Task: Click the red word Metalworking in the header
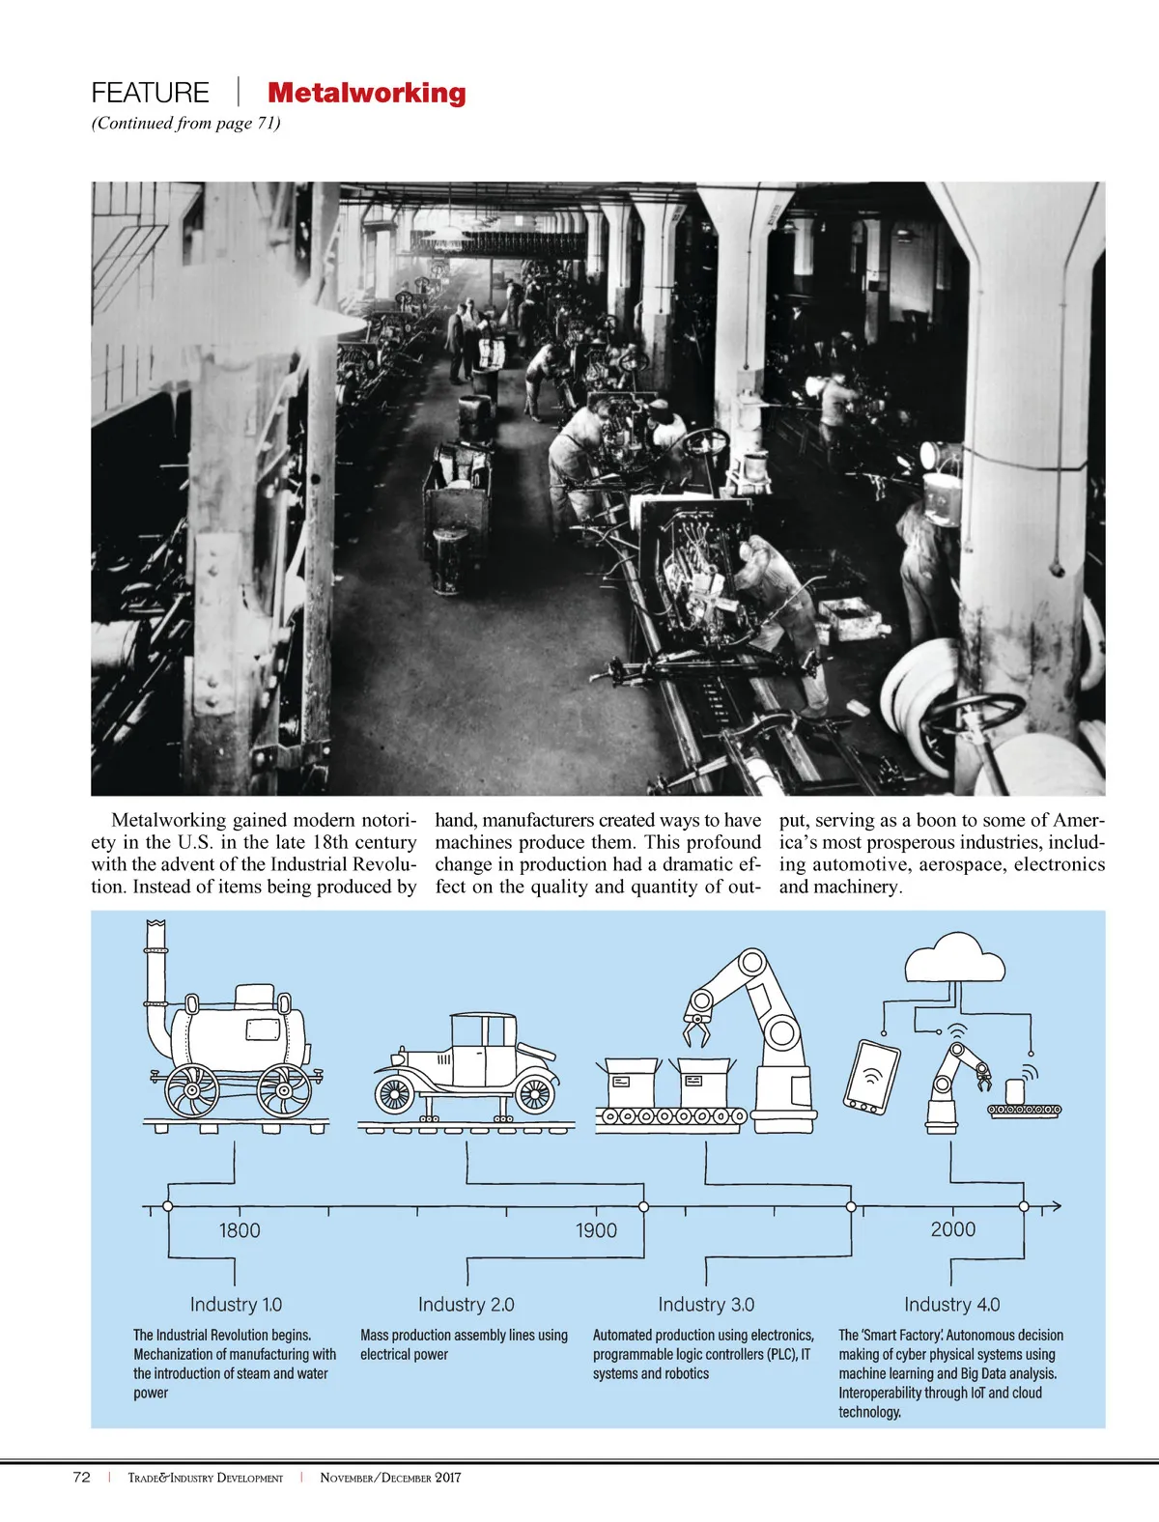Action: click(366, 93)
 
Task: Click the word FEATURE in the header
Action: click(150, 93)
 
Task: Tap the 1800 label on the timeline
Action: click(240, 1230)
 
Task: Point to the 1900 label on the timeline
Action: click(596, 1230)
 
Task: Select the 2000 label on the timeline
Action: click(952, 1229)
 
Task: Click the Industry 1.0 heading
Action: click(236, 1305)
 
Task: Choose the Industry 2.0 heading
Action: click(466, 1305)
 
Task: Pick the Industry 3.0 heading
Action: click(706, 1305)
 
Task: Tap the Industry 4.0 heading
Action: click(951, 1305)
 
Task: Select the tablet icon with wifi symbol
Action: click(872, 1076)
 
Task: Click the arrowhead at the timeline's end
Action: click(1057, 1206)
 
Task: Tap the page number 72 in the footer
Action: click(82, 1477)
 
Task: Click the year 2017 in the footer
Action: click(447, 1477)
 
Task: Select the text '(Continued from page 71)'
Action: click(185, 123)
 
